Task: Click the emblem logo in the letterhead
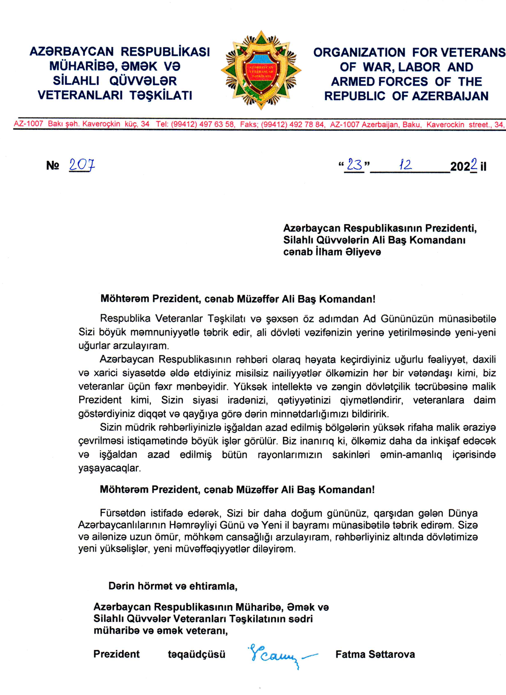261,70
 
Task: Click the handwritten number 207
82,165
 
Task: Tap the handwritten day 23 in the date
354,165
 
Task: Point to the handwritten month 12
405,165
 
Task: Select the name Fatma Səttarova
375,654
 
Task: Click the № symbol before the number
52,166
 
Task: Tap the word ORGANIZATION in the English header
359,52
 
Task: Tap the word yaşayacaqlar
110,468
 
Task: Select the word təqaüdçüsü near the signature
196,654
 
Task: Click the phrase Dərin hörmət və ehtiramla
172,586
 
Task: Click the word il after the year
483,167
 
